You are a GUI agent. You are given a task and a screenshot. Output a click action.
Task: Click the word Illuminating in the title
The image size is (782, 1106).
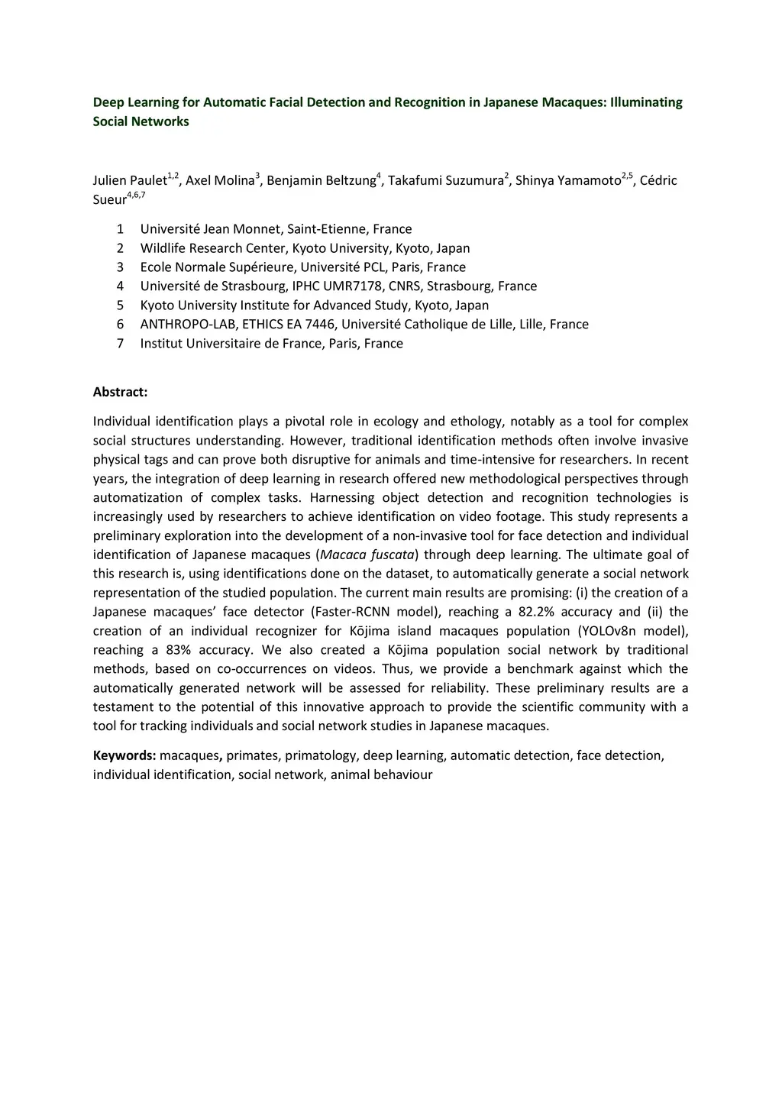tap(645, 102)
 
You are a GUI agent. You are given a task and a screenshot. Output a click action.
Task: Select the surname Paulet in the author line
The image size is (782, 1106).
tap(148, 181)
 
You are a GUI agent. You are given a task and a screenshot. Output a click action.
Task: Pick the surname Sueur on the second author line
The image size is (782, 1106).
tap(109, 200)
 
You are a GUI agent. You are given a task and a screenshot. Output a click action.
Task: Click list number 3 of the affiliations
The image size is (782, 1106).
tap(120, 267)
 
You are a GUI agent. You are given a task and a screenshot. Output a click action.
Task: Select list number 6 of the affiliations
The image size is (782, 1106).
tap(120, 325)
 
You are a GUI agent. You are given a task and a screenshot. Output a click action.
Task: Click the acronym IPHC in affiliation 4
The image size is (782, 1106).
tap(308, 286)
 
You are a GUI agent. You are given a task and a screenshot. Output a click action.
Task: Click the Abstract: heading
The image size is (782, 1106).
tap(120, 393)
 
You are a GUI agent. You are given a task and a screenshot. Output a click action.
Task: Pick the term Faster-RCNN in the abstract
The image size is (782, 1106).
tap(351, 612)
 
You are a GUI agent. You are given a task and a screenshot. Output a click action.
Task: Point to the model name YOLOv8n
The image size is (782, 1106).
tap(641, 631)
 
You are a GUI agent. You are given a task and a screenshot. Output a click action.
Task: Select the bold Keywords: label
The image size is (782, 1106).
tap(124, 755)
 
